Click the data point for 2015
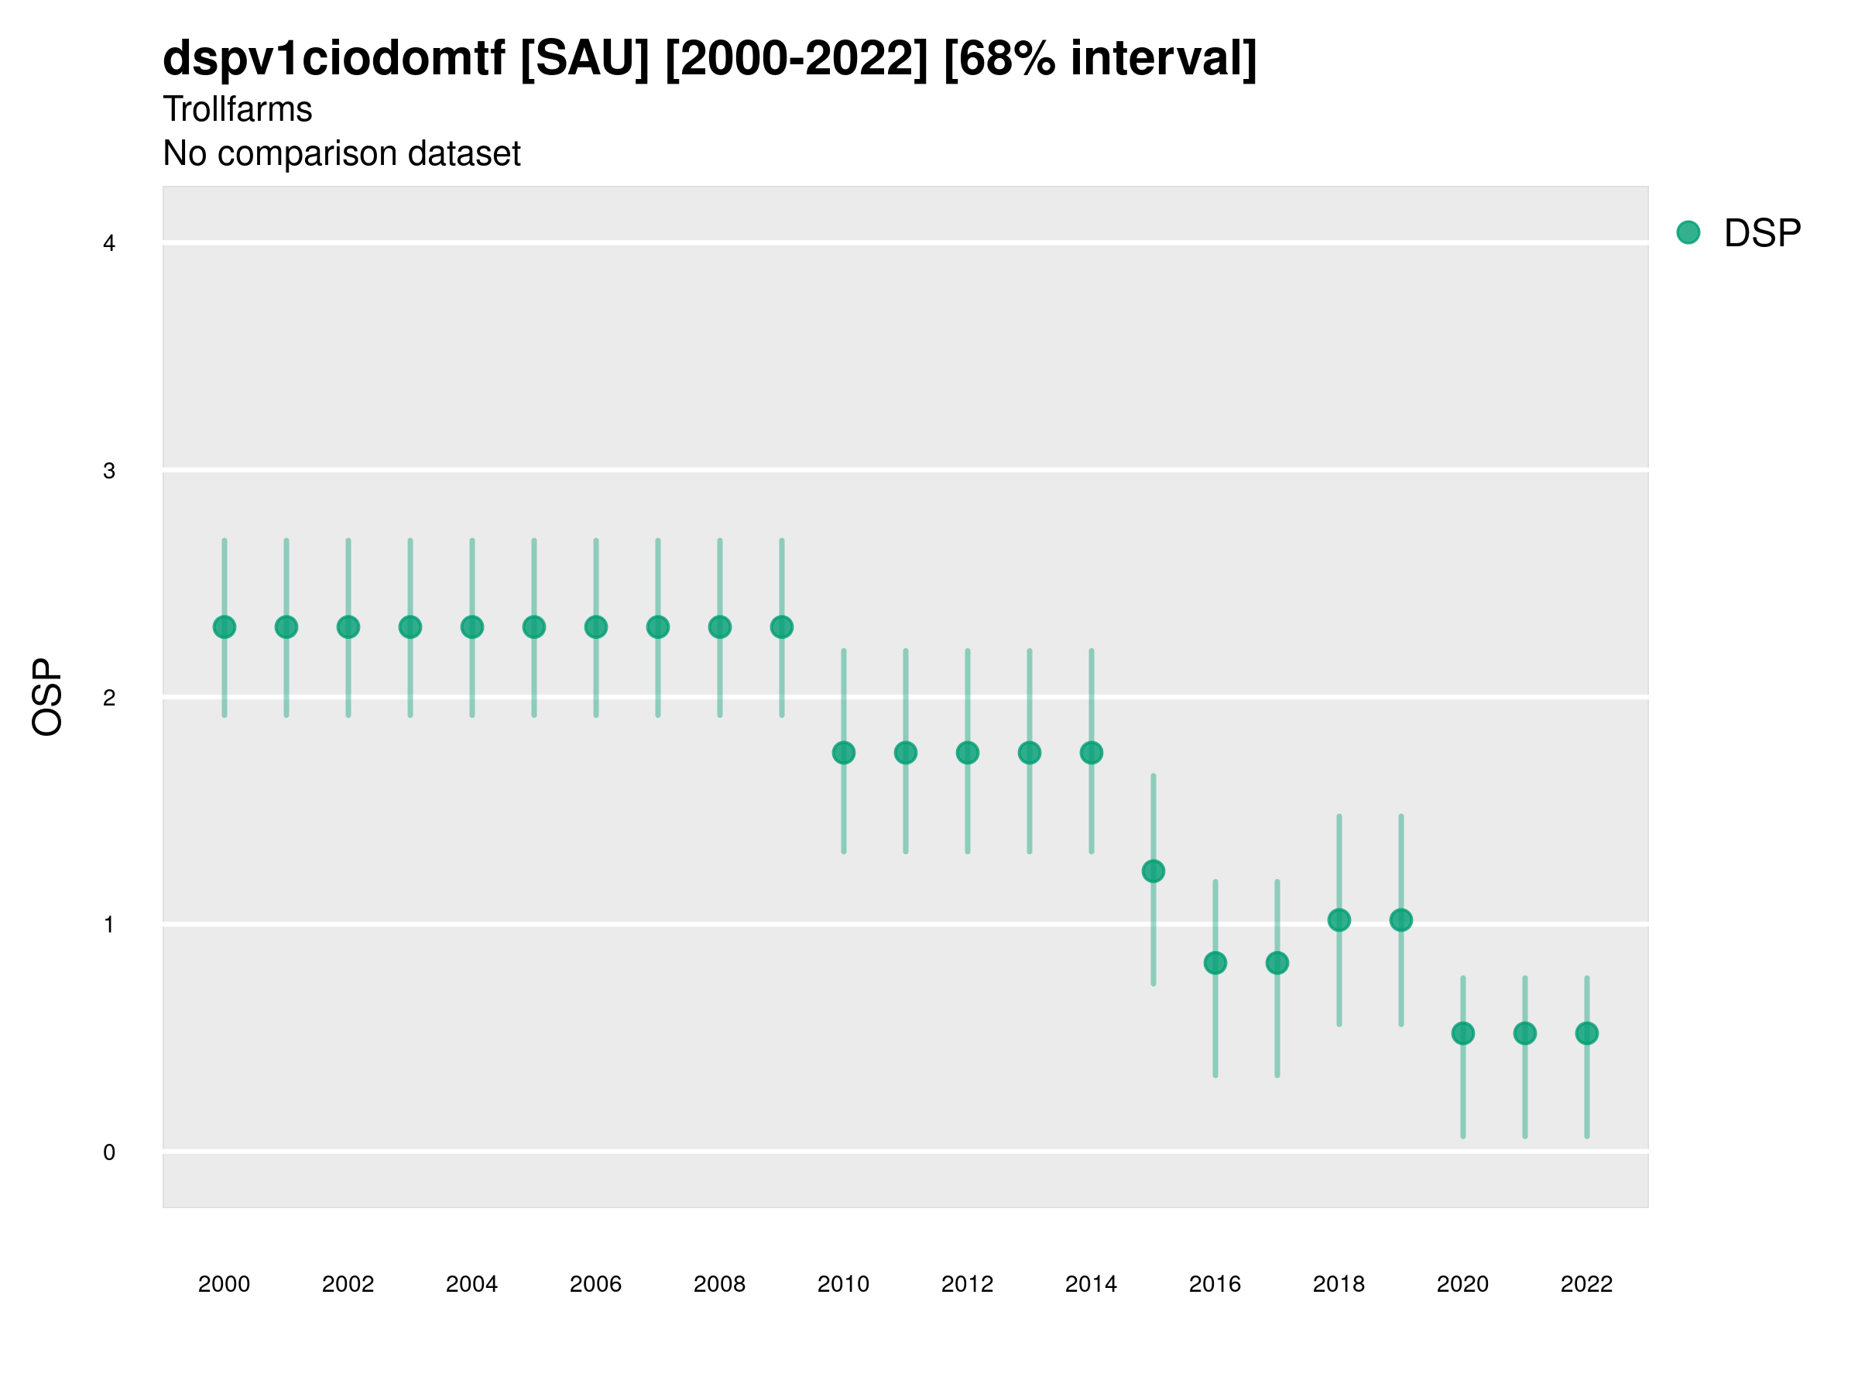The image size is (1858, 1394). click(x=1154, y=871)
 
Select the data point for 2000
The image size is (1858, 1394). click(x=225, y=627)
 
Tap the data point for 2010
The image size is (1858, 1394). click(x=843, y=753)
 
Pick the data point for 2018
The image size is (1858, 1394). click(x=1339, y=920)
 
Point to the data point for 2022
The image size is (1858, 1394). click(x=1587, y=1034)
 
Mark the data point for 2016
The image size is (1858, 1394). click(x=1215, y=963)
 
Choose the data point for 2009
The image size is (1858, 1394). click(x=782, y=627)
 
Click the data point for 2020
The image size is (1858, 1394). click(x=1463, y=1034)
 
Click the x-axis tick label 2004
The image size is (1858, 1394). click(x=472, y=1284)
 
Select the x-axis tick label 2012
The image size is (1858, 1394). click(x=967, y=1284)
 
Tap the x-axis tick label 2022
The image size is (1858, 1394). click(x=1587, y=1284)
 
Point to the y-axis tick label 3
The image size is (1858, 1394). click(x=109, y=471)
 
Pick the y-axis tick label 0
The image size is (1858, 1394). click(x=109, y=1152)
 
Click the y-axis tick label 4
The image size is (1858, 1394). click(x=109, y=244)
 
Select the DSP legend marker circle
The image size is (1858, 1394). click(x=1688, y=233)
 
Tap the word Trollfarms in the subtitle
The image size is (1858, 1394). click(x=238, y=109)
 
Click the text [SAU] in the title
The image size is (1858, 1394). click(x=584, y=59)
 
